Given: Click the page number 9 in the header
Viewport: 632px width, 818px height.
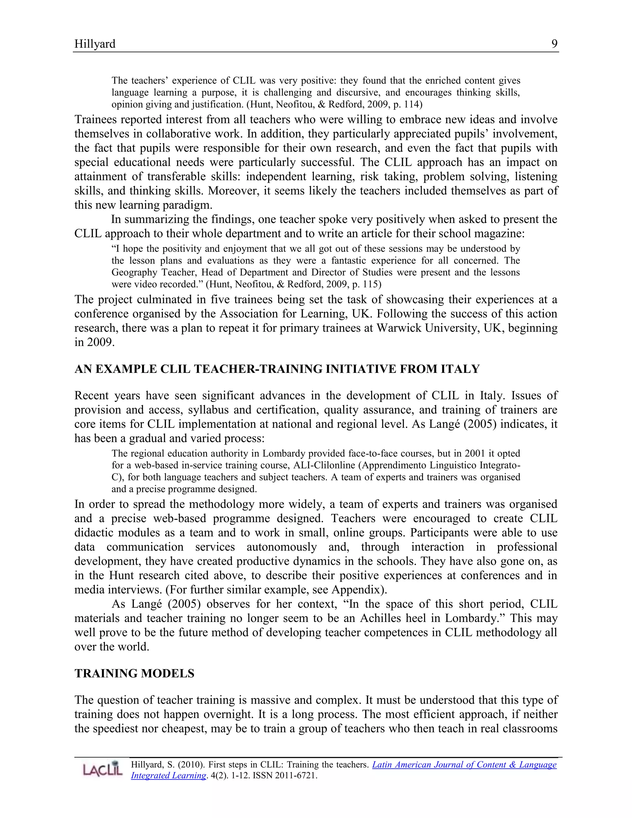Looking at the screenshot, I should coord(554,44).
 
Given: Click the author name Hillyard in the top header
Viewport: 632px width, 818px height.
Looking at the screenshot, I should coord(95,44).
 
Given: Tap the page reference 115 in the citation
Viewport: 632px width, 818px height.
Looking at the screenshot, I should coord(372,284).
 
